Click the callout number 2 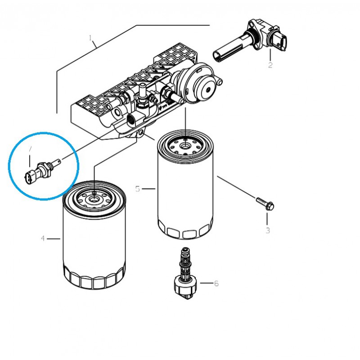270,65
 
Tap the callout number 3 267,230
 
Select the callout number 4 43,238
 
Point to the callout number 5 138,189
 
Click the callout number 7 30,149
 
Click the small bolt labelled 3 265,203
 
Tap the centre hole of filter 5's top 185,145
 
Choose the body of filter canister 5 185,193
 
